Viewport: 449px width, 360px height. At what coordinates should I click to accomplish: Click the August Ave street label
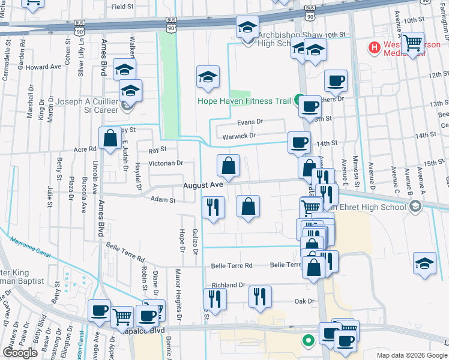(x=203, y=185)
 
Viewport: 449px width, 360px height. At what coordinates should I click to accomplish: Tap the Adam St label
(x=163, y=200)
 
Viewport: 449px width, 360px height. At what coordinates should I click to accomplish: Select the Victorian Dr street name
(x=166, y=163)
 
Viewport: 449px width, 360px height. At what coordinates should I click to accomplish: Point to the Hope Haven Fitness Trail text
(x=244, y=101)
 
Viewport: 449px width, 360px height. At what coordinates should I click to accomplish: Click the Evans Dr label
(x=250, y=122)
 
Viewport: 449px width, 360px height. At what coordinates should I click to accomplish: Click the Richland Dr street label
(x=229, y=286)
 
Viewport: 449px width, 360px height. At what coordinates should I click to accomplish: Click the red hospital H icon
(x=375, y=47)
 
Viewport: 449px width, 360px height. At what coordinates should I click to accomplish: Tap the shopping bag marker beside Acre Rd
(x=111, y=139)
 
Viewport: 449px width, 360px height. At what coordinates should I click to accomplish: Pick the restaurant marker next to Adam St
(x=213, y=208)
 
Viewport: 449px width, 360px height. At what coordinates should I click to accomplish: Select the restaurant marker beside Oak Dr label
(x=260, y=296)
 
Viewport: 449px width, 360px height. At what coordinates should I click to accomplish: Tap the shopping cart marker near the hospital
(x=412, y=43)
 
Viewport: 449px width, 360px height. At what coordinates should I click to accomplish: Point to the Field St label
(x=122, y=7)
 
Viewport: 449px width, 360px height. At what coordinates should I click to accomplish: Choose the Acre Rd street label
(x=85, y=149)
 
